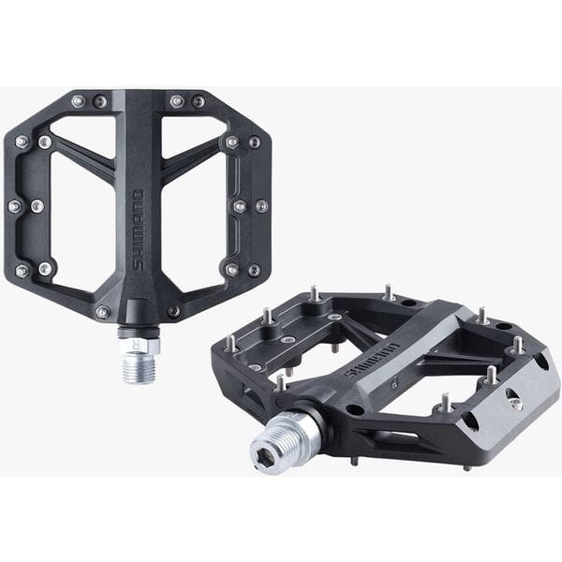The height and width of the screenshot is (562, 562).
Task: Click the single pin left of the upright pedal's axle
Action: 102,312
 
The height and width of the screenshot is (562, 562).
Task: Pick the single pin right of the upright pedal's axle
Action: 173,311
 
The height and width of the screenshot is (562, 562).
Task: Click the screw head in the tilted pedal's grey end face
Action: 513,400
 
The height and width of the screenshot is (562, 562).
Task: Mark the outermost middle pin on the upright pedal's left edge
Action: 14,206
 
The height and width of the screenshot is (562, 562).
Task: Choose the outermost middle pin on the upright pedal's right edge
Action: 262,205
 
